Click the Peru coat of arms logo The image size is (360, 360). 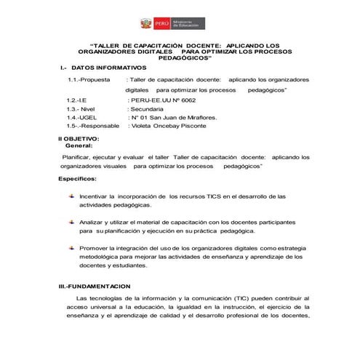148,24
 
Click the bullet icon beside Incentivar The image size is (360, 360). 71,196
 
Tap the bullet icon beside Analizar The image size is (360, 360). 71,220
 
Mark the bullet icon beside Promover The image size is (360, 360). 71,247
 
